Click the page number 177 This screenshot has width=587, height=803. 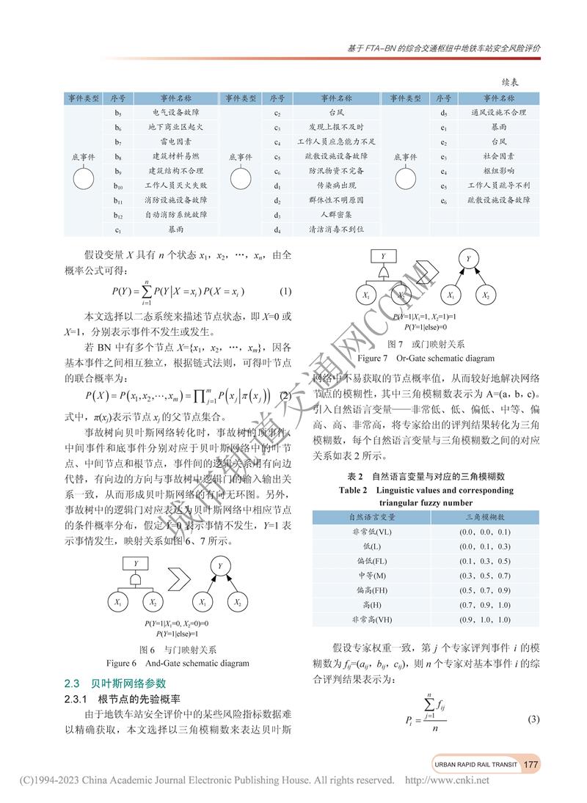[531, 764]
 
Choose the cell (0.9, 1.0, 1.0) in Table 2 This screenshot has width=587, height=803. [484, 620]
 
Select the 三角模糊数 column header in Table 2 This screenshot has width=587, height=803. [484, 517]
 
